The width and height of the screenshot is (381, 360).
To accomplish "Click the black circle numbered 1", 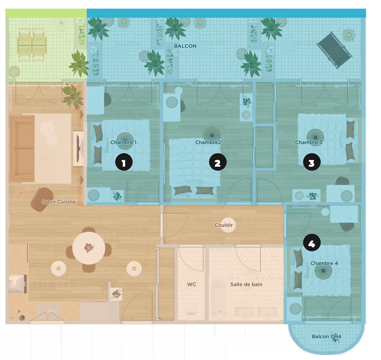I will pos(124,163).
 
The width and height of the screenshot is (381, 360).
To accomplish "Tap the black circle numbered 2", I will pos(218,163).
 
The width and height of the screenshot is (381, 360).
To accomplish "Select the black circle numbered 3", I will pos(311,163).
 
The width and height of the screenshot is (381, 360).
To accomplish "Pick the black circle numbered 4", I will pos(311,243).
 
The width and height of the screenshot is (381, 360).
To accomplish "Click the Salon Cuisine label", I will pos(58,202).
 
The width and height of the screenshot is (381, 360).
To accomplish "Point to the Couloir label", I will pos(223,225).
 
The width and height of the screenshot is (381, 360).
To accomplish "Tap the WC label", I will pos(191,284).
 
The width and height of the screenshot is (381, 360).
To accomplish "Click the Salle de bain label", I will pos(246,284).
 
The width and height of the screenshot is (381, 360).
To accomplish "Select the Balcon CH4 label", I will pos(326,336).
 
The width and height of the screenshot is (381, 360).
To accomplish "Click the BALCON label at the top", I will pos(185,46).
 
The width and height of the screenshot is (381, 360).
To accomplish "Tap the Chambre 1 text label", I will pos(123,142).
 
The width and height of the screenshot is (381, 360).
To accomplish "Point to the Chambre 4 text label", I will pos(324,263).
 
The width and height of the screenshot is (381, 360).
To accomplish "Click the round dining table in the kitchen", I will pos(88,248).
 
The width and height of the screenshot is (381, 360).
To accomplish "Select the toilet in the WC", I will pos(191,309).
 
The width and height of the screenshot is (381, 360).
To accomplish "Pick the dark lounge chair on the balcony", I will pos(334,50).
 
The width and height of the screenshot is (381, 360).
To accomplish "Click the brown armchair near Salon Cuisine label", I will pos(41,199).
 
